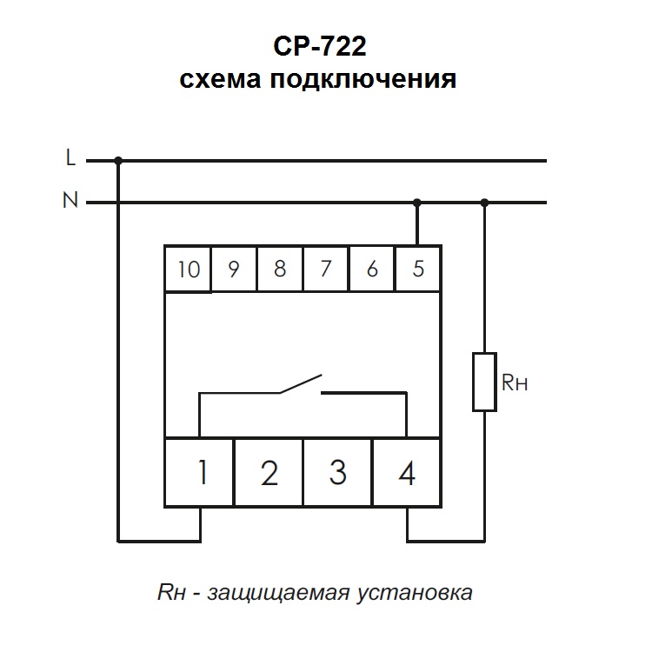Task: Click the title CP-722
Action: (317, 44)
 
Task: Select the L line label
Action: (70, 159)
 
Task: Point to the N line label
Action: (70, 202)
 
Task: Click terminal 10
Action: (188, 269)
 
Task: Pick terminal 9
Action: (234, 269)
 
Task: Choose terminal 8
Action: (280, 269)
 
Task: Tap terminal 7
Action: (326, 269)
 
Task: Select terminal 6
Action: (372, 269)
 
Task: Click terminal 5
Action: (418, 269)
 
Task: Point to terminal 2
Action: (269, 473)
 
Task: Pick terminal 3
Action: (338, 473)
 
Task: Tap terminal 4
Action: (406, 473)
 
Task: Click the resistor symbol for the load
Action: (484, 381)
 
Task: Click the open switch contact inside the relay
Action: (301, 384)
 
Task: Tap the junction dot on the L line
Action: (118, 160)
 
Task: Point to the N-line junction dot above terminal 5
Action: (417, 203)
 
